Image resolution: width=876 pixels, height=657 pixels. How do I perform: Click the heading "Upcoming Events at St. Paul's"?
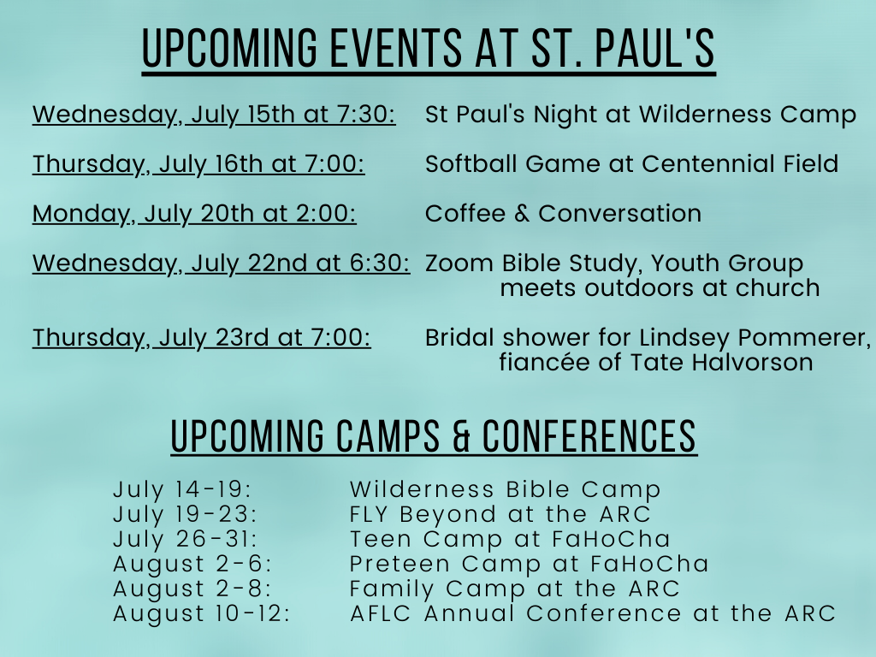coord(429,49)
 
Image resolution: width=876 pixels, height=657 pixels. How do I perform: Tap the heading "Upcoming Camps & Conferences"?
coord(434,436)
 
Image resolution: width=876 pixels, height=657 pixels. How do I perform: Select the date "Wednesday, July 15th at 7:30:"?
coord(214,115)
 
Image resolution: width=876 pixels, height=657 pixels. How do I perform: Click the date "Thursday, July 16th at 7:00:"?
coord(198,164)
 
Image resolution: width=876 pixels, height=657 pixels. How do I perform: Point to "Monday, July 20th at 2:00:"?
coord(194,214)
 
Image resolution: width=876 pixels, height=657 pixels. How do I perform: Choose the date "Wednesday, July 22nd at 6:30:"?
coord(221,263)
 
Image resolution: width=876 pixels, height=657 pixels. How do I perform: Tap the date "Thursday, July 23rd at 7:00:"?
coord(201,338)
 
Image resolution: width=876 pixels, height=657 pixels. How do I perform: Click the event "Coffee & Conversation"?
coord(563,213)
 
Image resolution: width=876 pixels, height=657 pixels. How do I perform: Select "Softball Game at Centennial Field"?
coord(632,163)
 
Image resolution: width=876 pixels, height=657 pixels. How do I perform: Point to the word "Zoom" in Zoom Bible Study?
coord(459,263)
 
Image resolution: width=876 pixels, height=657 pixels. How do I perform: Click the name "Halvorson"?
coord(752,363)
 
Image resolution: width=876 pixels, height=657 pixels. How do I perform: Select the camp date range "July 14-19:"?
coord(182,489)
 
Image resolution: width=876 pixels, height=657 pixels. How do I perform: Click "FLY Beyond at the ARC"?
coord(500,514)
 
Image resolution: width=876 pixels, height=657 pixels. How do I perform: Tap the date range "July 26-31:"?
coord(185,539)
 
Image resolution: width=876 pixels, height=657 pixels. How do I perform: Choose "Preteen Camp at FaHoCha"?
coord(529,564)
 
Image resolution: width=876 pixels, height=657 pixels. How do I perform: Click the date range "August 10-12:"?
coord(202,613)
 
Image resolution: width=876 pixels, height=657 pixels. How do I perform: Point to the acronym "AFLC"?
coord(381,613)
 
